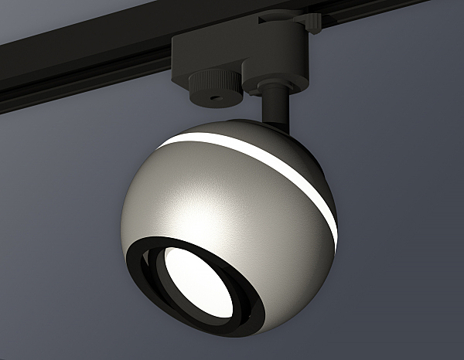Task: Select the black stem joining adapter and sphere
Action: [274, 105]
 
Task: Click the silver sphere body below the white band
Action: [232, 209]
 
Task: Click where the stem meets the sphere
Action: [272, 121]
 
